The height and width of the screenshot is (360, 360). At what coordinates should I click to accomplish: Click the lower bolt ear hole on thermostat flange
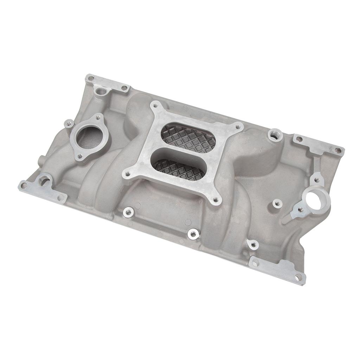[81, 156]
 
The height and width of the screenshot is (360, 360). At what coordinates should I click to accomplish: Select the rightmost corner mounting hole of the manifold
[338, 150]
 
